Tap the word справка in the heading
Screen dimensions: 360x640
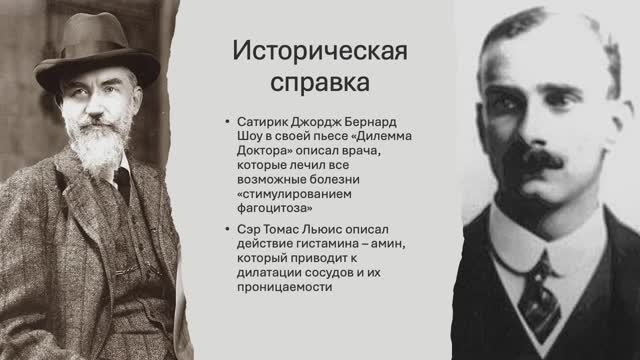pos(274,78)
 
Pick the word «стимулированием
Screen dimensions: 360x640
pos(296,195)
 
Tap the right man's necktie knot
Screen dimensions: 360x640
pos(540,262)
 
